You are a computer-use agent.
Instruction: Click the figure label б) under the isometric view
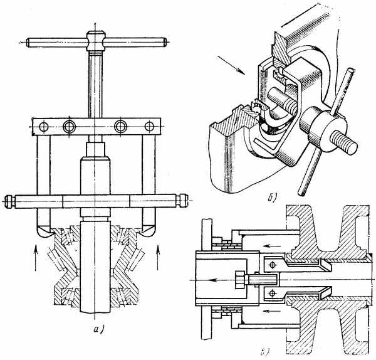(273, 198)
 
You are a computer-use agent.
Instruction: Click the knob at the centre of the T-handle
(96, 41)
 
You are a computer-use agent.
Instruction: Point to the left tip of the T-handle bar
(28, 43)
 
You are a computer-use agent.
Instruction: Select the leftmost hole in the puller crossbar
(44, 127)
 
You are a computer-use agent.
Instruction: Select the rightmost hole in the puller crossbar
(149, 126)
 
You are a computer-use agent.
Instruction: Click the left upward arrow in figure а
(36, 258)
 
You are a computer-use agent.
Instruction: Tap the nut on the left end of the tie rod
(8, 201)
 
